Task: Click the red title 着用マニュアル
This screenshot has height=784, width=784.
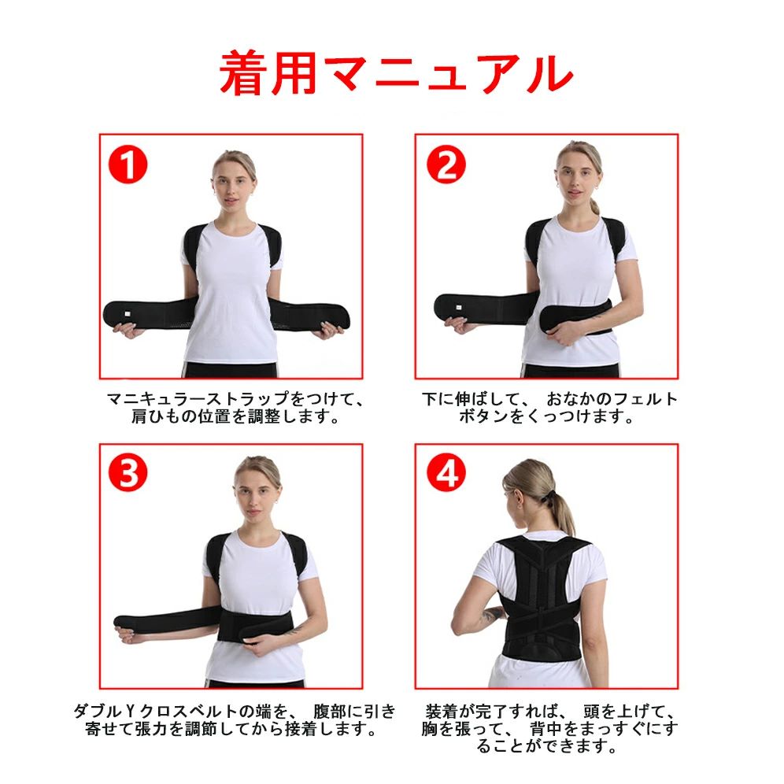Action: (396, 73)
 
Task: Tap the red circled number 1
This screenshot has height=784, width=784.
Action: (128, 165)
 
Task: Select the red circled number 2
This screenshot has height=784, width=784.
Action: (446, 165)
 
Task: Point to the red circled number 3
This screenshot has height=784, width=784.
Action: (128, 473)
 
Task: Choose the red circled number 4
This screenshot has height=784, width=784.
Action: (446, 473)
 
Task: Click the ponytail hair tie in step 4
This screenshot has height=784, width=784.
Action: (550, 495)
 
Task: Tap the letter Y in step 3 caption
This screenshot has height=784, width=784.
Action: (130, 711)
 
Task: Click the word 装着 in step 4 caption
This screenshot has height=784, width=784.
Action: (442, 711)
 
